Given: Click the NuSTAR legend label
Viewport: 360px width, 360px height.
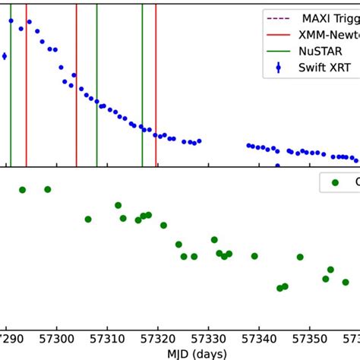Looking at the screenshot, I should pyautogui.click(x=318, y=51).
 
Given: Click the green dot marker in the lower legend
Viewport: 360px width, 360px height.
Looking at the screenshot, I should pyautogui.click(x=334, y=182).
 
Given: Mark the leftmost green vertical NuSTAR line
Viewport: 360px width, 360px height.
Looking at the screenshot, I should pyautogui.click(x=11, y=91).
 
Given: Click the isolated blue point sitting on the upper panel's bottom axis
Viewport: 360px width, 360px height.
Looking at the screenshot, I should pyautogui.click(x=277, y=166).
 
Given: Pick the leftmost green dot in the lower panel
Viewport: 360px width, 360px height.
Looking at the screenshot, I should pyautogui.click(x=22, y=190).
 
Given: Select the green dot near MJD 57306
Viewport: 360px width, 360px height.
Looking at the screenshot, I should pyautogui.click(x=88, y=219).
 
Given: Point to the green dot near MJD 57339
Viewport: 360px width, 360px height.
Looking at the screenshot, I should pyautogui.click(x=254, y=256).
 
